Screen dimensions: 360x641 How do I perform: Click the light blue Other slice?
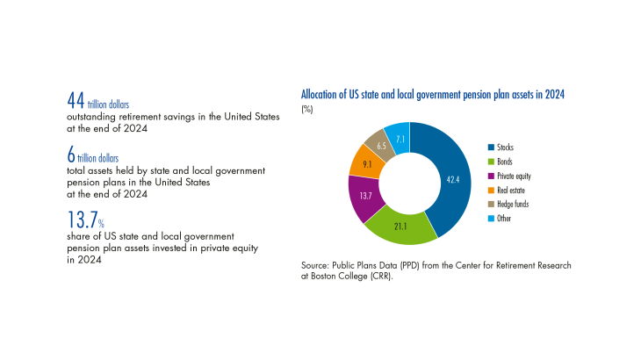coord(400,134)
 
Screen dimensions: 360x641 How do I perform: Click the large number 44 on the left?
coord(76,102)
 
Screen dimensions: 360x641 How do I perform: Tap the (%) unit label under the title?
coord(308,109)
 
